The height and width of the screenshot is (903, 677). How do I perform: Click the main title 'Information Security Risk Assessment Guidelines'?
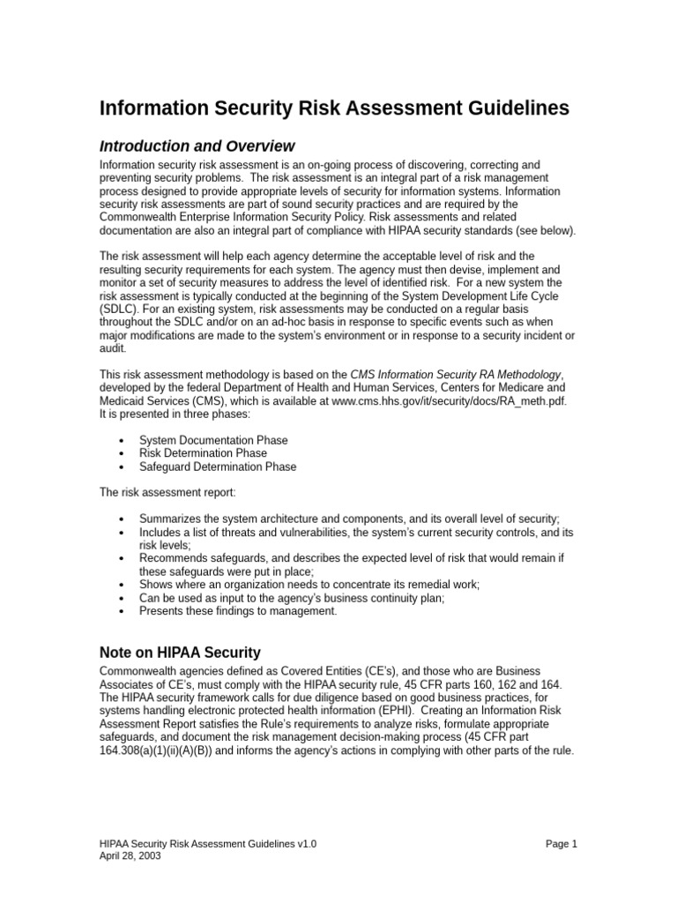[334, 108]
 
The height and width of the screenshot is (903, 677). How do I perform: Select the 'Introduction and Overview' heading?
[197, 146]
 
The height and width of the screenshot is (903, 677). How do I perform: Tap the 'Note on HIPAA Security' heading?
[180, 653]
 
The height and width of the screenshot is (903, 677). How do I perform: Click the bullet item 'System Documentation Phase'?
[213, 440]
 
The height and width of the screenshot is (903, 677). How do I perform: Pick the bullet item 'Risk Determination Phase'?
[204, 453]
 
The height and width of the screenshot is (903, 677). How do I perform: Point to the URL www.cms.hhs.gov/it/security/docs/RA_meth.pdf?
[449, 399]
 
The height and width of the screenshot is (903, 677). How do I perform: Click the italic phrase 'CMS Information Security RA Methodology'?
[455, 373]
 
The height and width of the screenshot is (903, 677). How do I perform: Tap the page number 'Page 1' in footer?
[561, 844]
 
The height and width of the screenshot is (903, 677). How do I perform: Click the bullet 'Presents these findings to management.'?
[238, 611]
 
